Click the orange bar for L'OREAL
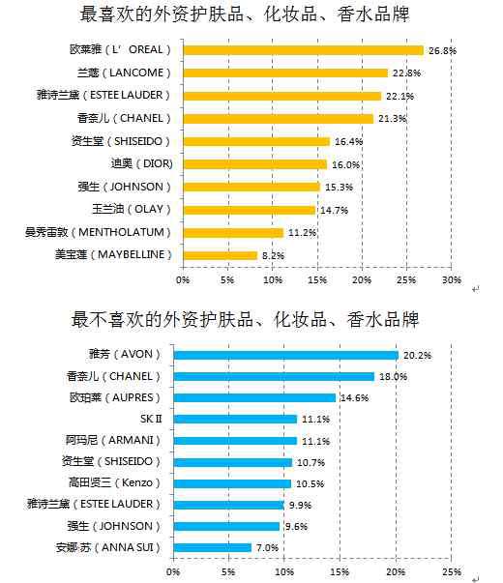coord(303,50)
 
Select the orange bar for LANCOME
coord(285,73)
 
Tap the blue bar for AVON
coord(285,356)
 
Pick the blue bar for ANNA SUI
coord(213,547)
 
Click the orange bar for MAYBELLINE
coord(220,255)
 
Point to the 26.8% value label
coord(442,50)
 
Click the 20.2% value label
coord(418,356)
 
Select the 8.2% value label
coord(273,255)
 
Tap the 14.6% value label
coord(355,397)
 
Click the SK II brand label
coord(151,419)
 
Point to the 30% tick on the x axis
coord(452,280)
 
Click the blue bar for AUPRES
coord(254,397)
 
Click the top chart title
coord(245,15)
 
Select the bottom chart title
coord(245,320)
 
